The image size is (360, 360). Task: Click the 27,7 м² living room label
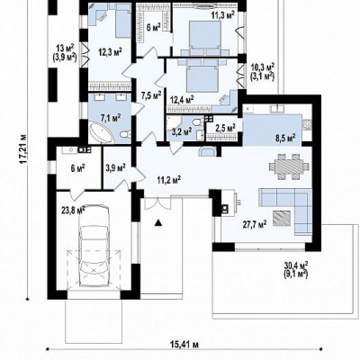point(255,224)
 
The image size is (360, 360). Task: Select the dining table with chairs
point(289,166)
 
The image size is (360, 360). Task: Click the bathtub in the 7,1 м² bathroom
point(102,134)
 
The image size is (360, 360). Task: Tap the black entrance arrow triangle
point(158,223)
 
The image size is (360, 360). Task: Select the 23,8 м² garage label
point(73,210)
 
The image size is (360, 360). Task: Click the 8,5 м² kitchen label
point(285,138)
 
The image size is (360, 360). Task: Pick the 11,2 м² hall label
point(169,180)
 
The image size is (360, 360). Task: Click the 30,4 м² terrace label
point(296,265)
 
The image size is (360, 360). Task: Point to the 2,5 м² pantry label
point(225,129)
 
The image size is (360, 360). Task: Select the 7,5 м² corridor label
point(151,95)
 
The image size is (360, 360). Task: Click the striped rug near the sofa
point(282,218)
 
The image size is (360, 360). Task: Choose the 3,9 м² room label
point(116,167)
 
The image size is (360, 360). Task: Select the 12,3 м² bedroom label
point(110,51)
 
